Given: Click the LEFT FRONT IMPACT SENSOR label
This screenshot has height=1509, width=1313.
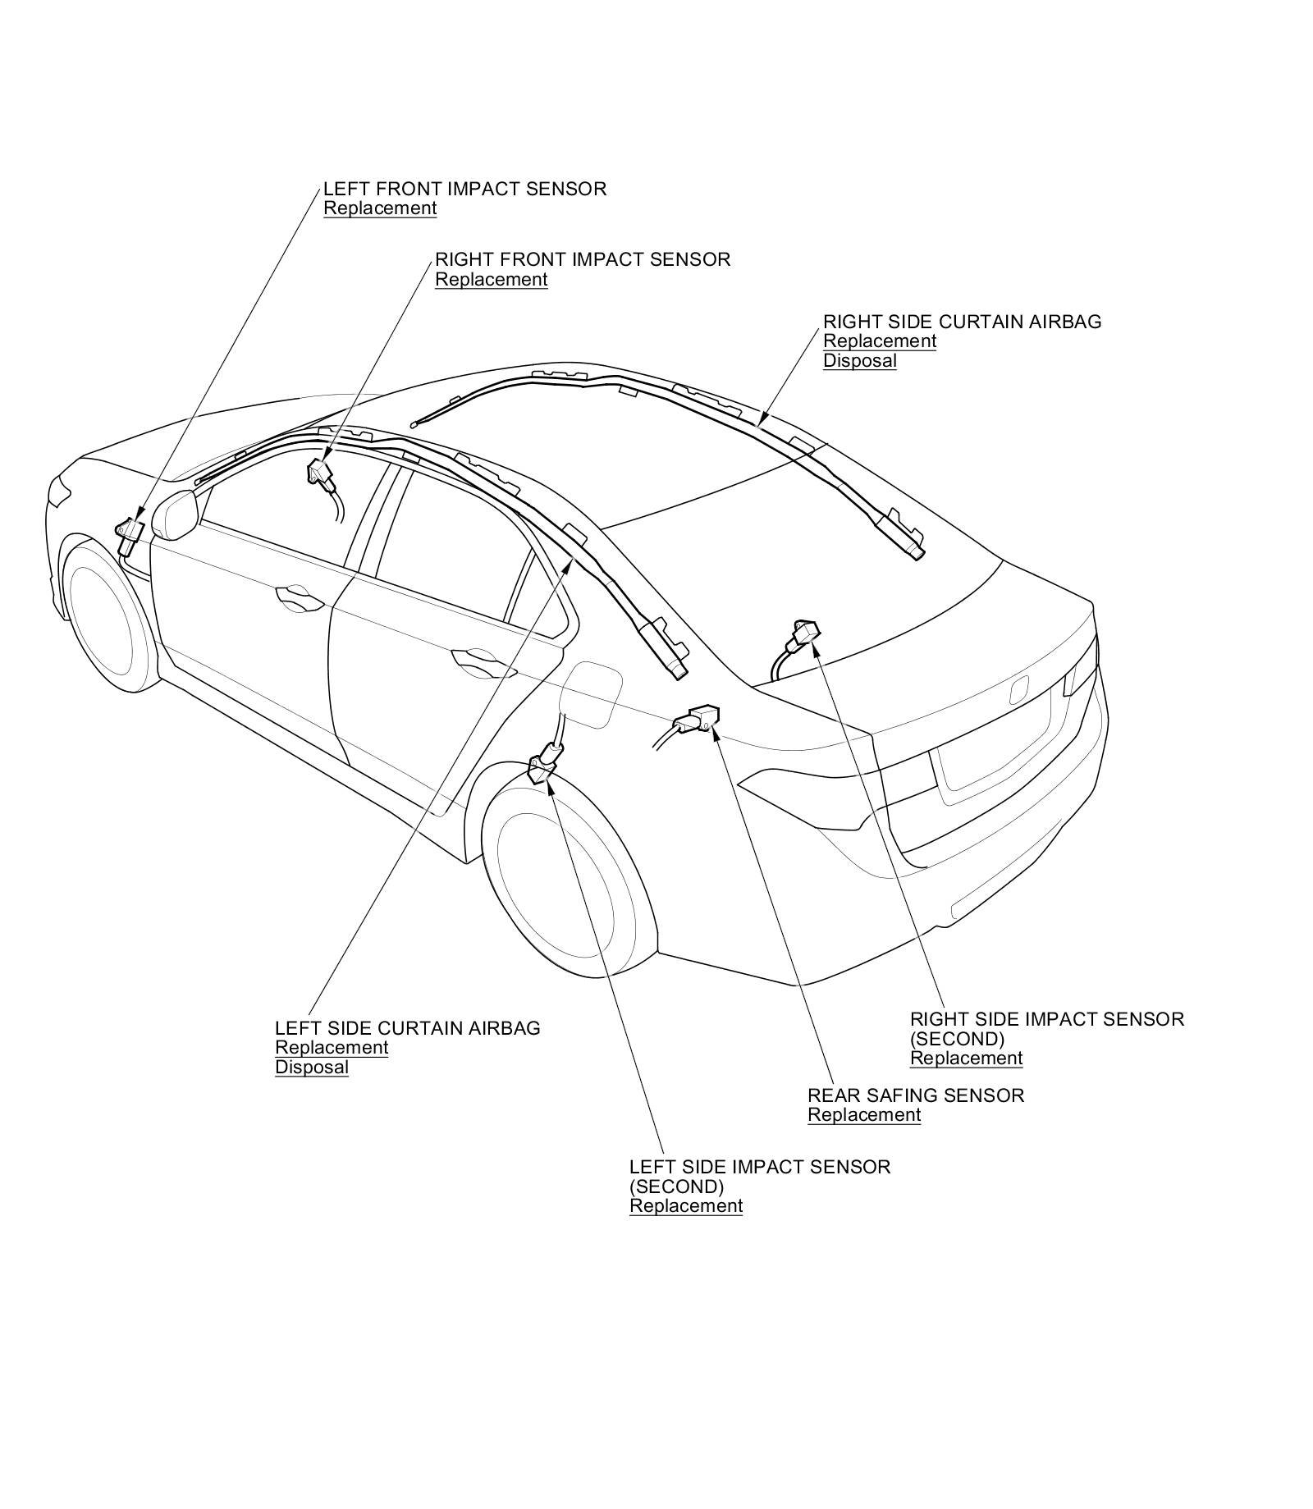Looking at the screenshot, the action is click(464, 189).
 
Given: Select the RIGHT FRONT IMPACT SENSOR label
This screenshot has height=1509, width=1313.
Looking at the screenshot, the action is click(582, 259).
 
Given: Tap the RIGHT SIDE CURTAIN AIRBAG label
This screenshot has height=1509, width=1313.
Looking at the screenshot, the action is click(962, 322).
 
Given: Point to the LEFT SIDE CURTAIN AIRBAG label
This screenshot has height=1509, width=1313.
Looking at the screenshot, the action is click(407, 1028).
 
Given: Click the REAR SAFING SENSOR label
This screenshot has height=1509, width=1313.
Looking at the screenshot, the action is click(916, 1095).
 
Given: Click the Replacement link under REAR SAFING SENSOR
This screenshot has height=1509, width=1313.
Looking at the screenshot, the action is click(864, 1115).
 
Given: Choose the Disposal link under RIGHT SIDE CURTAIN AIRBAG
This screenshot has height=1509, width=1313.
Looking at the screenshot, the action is click(859, 361).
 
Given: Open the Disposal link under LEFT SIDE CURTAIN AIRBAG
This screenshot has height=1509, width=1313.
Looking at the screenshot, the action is click(311, 1068).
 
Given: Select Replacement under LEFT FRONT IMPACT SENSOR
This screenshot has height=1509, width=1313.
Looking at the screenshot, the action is click(380, 208).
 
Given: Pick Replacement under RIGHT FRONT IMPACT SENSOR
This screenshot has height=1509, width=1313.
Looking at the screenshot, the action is click(491, 280).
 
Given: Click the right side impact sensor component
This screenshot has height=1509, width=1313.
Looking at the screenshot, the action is click(803, 633).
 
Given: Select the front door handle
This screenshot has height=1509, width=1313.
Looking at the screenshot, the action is click(299, 597).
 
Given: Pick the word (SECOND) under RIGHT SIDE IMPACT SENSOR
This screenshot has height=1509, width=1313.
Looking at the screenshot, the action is click(957, 1039).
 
